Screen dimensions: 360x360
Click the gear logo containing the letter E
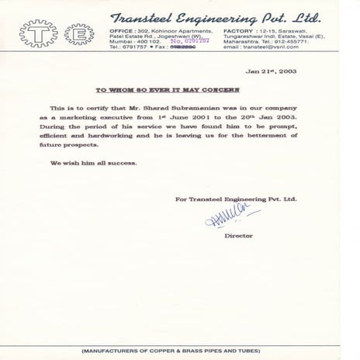78,34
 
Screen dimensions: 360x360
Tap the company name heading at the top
216,17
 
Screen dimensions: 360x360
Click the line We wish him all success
94,163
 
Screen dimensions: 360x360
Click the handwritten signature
233,217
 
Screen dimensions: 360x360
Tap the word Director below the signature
238,235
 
